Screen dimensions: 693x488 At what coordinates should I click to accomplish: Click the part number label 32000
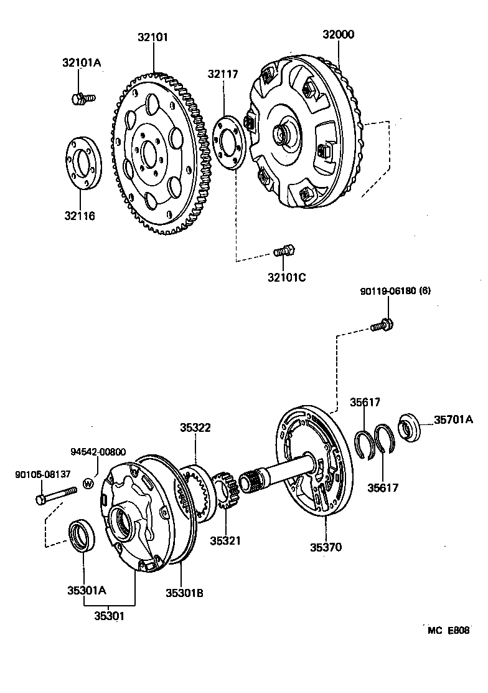338,35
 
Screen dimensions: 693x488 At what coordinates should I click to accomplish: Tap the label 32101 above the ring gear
153,37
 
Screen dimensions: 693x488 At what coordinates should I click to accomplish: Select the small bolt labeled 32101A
82,98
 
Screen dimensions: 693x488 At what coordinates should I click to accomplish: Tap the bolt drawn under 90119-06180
380,325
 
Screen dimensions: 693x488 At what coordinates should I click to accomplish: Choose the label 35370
326,548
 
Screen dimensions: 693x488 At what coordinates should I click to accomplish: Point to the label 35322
195,428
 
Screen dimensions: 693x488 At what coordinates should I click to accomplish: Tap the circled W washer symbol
88,483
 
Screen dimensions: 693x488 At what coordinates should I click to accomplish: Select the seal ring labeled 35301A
82,535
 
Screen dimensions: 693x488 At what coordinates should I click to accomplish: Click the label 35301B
184,593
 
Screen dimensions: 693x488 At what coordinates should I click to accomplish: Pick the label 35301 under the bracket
109,616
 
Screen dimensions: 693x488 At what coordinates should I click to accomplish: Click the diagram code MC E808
448,630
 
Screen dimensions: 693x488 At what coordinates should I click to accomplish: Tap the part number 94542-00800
98,453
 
